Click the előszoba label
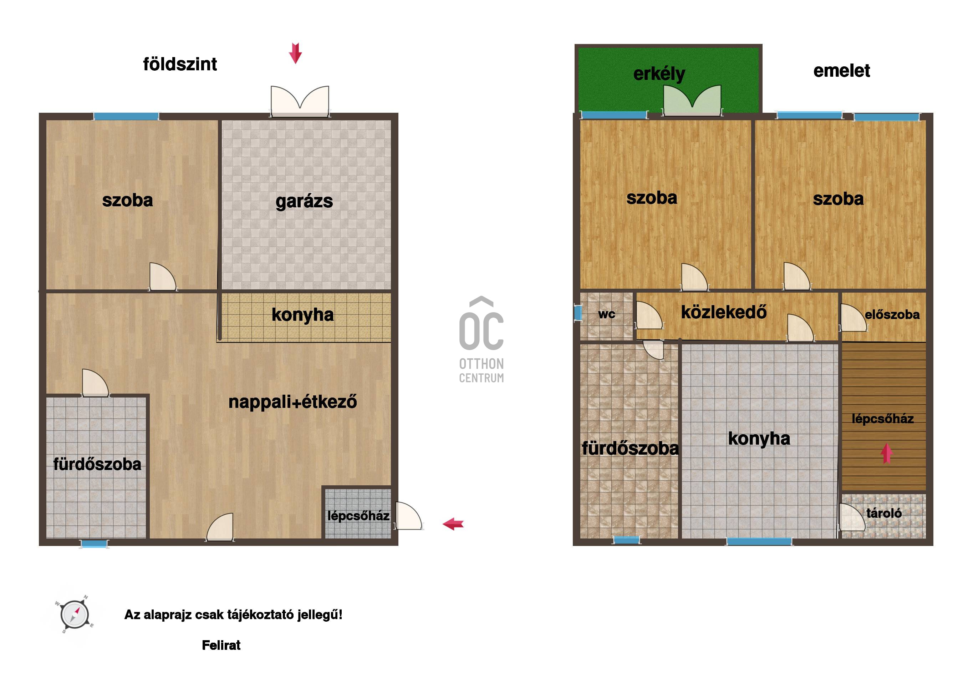coord(892,315)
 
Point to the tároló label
coord(884,513)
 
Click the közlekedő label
coord(724,312)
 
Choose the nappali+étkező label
coord(293,402)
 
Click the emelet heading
coord(841,71)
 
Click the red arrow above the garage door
coord(296,53)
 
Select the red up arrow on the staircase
coord(887,454)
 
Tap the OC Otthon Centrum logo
coord(481,340)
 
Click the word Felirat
coord(221,645)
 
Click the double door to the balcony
coord(692,101)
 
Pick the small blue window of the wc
coord(577,313)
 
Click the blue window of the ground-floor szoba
coord(126,116)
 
